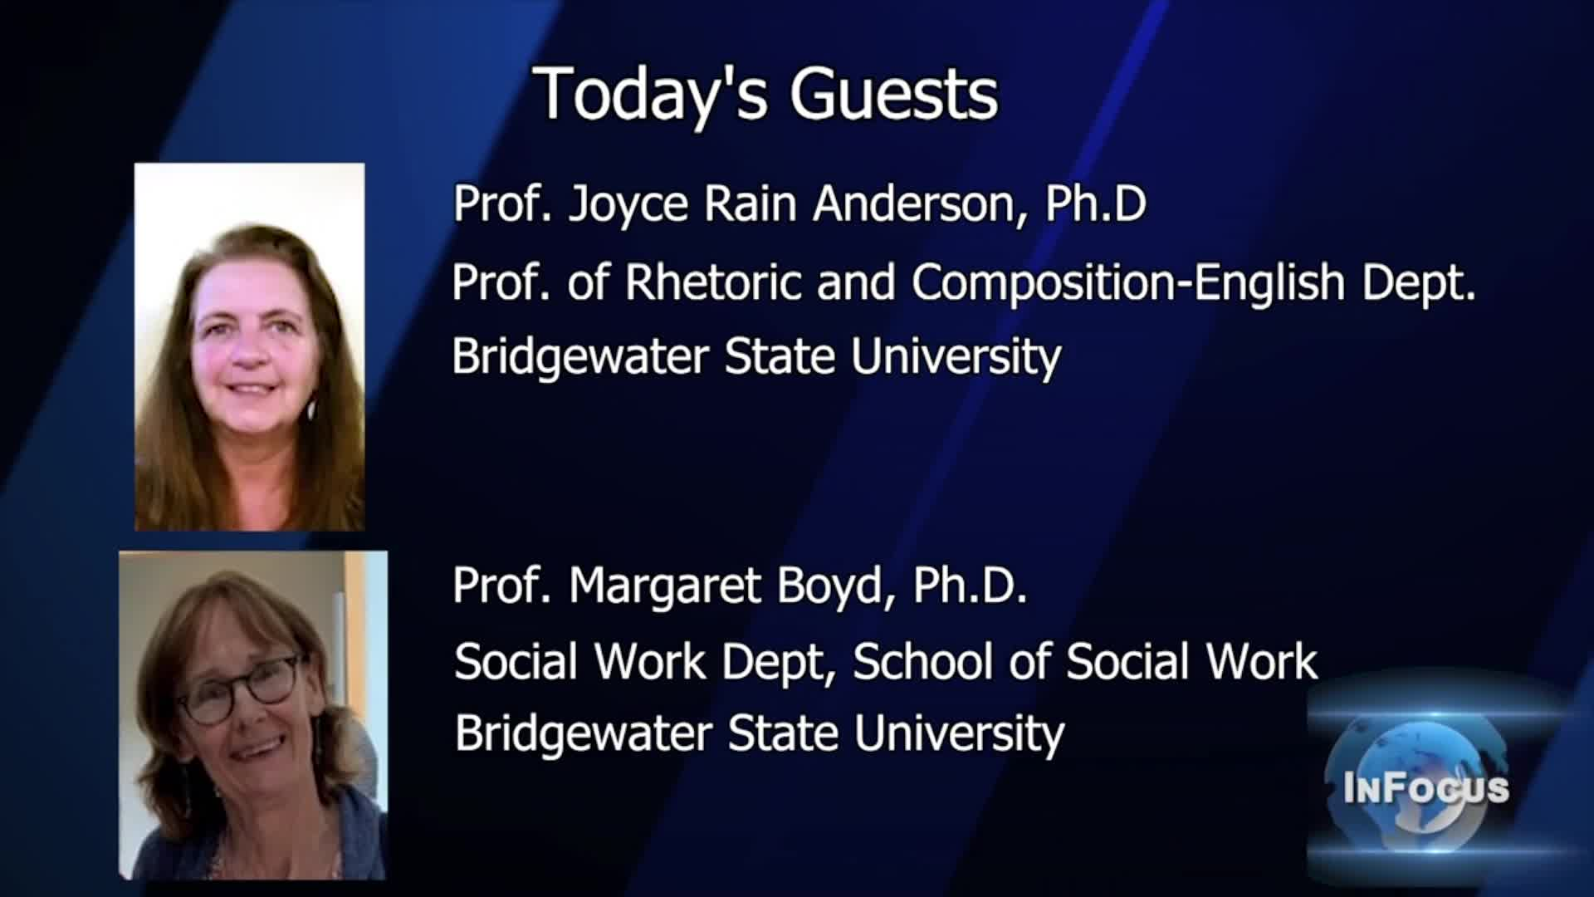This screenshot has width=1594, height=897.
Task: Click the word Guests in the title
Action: tap(893, 94)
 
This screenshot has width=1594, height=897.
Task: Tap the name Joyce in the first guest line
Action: tap(628, 204)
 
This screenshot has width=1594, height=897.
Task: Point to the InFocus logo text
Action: tap(1425, 787)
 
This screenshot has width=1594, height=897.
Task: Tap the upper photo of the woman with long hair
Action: tap(249, 346)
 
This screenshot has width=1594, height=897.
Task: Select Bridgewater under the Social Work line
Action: tap(583, 734)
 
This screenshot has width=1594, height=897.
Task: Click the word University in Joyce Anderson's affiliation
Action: tap(956, 357)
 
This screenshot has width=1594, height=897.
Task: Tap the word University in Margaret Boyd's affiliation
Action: tap(959, 734)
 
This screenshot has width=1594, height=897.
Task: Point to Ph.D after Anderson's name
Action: tap(1096, 203)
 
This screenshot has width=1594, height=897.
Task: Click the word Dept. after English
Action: tap(1420, 282)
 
